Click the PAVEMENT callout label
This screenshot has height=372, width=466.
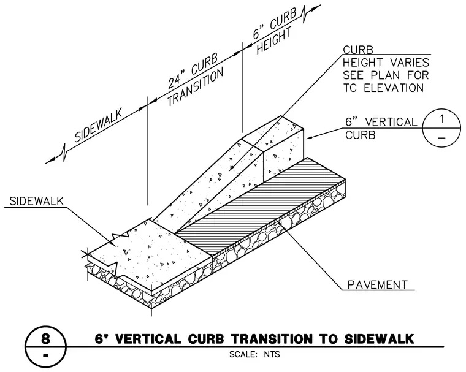pyautogui.click(x=377, y=284)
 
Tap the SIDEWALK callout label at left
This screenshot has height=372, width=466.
pyautogui.click(x=37, y=201)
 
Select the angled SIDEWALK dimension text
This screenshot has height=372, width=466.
pyautogui.click(x=98, y=125)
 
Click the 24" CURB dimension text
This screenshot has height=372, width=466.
pyautogui.click(x=193, y=70)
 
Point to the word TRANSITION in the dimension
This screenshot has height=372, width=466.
pyautogui.click(x=195, y=87)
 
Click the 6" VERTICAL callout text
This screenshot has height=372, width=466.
pyautogui.click(x=381, y=122)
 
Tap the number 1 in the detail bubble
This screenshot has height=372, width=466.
pyautogui.click(x=442, y=119)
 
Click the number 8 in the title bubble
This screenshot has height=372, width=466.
pyautogui.click(x=45, y=338)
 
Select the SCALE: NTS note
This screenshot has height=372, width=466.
pyautogui.click(x=254, y=354)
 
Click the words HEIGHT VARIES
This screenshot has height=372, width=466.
pyautogui.click(x=386, y=63)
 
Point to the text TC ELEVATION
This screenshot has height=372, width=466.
pyautogui.click(x=383, y=88)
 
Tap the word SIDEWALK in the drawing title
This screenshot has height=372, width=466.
pyautogui.click(x=379, y=339)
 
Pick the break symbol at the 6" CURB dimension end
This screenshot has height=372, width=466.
pyautogui.click(x=305, y=14)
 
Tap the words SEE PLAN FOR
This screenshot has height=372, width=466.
pyautogui.click(x=386, y=75)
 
